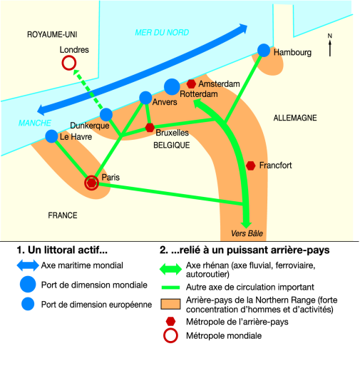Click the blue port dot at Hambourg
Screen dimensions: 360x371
click(264, 51)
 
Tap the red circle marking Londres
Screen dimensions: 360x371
click(69, 57)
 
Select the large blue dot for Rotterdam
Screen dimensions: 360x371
click(172, 87)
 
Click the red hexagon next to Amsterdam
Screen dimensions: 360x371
click(191, 83)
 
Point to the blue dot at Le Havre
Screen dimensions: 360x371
click(51, 136)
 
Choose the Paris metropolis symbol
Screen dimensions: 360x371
click(91, 183)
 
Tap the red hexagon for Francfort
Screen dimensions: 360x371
click(250, 166)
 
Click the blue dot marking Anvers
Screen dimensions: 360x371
click(145, 98)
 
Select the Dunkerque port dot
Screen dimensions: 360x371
click(106, 115)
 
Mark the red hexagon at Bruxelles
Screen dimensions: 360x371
click(150, 128)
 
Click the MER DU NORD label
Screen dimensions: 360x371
click(162, 33)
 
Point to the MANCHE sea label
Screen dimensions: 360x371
click(35, 123)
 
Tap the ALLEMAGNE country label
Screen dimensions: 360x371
click(295, 118)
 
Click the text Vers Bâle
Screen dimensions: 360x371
click(247, 233)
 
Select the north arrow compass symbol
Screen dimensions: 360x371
click(330, 45)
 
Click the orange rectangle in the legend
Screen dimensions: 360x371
click(170, 304)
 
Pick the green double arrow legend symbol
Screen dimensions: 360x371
click(170, 269)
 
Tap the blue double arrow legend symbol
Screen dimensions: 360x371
click(28, 265)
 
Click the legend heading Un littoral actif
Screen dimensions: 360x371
click(62, 250)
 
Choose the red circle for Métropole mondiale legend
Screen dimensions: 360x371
click(170, 330)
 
